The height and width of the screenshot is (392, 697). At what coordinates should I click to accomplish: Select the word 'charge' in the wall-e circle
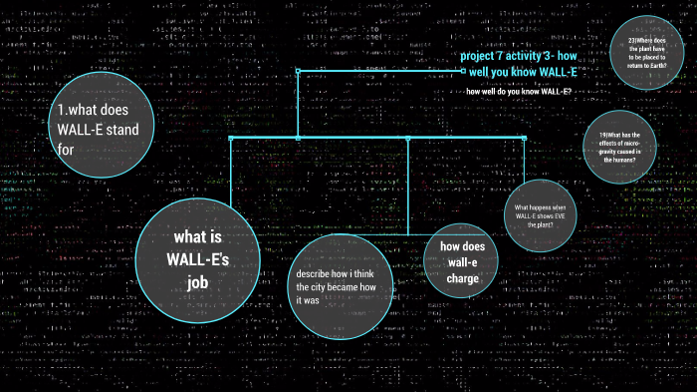pyautogui.click(x=462, y=279)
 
